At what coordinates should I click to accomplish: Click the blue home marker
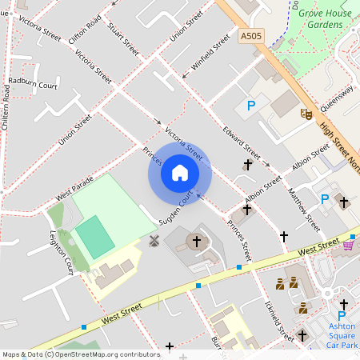click(180, 173)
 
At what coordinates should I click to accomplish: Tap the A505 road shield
click(250, 35)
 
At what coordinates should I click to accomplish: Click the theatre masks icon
click(305, 114)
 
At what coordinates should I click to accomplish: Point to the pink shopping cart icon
click(348, 245)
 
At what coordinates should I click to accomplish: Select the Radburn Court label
click(34, 83)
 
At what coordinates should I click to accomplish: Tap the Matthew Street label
click(303, 208)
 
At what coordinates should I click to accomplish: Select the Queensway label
click(336, 100)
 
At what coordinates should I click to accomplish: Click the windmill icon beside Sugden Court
click(154, 240)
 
